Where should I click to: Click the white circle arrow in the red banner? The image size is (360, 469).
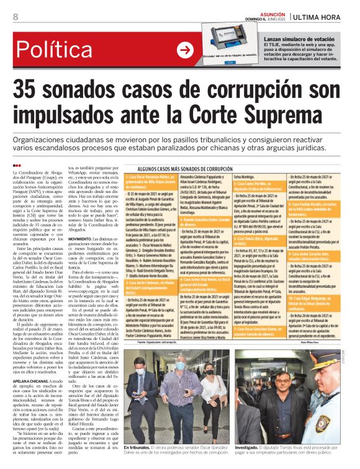(x=185, y=50)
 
